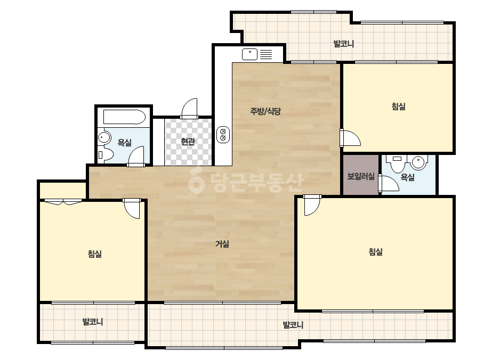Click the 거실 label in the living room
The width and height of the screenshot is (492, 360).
coord(222,244)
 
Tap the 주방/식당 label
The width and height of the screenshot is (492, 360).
coord(265,111)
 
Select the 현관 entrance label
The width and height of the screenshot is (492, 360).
coord(188,142)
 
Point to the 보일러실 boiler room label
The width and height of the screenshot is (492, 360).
coord(361,176)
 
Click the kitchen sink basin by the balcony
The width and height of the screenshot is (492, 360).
coord(250,54)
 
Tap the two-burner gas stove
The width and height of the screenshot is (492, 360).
coord(223,135)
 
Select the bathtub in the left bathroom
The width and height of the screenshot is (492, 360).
coord(125,117)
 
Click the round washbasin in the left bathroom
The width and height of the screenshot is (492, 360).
coord(104,138)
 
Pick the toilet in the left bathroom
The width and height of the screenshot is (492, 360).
coord(106,154)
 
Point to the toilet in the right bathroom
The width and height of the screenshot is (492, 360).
coord(398,163)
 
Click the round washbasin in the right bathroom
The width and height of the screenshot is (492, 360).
coord(418,162)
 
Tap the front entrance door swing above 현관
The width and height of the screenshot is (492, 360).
coord(190,109)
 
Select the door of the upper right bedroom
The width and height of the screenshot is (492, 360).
coord(350,138)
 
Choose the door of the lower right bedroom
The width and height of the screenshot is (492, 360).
coord(312,205)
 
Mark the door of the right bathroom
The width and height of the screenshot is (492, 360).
coord(389,183)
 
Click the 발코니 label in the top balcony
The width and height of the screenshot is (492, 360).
coord(344,43)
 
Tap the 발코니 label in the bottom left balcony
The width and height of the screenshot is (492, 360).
coord(93,322)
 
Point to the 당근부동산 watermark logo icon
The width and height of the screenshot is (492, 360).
coord(197,181)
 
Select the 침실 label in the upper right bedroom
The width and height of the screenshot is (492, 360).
coord(399,107)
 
